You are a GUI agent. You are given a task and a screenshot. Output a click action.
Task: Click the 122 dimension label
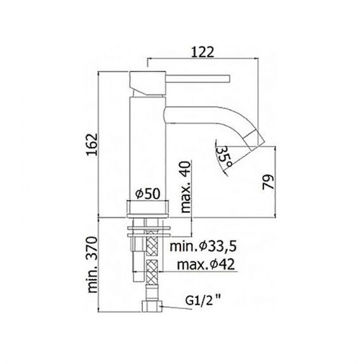click(x=202, y=52)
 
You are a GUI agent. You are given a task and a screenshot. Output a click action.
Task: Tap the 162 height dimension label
click(x=92, y=144)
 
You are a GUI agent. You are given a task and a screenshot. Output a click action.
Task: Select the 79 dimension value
click(x=269, y=182)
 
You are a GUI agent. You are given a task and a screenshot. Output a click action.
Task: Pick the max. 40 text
click(x=186, y=187)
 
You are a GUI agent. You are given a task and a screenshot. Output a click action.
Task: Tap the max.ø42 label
click(x=206, y=265)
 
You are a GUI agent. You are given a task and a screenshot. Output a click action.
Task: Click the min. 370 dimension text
click(x=92, y=265)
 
